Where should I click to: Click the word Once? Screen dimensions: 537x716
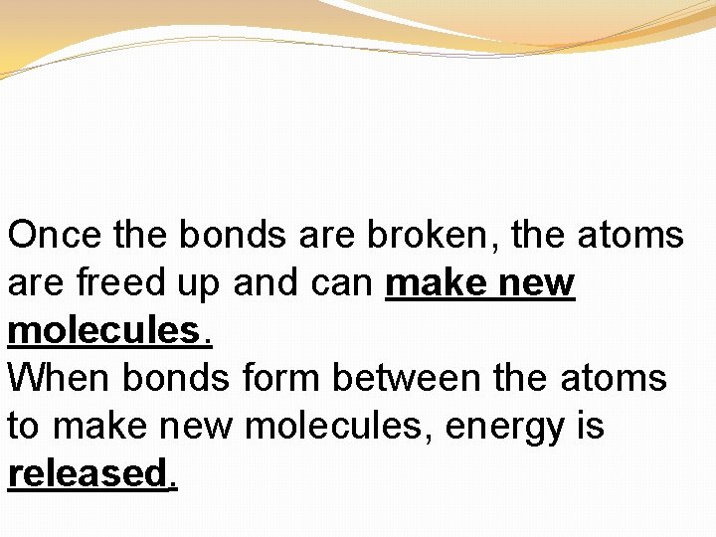point(56,236)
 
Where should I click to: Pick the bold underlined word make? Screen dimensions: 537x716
point(439,283)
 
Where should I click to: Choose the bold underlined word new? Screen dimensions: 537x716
point(538,283)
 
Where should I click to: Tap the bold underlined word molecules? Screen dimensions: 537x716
point(108,331)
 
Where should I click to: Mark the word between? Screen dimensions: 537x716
point(417,379)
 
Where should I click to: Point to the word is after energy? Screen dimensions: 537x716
point(589,426)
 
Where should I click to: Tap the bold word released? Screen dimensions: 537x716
point(90,473)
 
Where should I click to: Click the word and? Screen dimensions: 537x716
point(271,283)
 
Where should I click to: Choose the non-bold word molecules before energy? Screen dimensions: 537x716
point(339,426)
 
